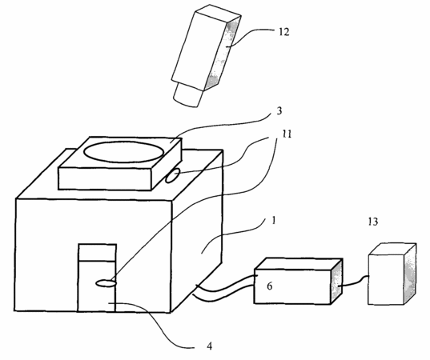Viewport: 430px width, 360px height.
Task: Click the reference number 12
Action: coord(284,32)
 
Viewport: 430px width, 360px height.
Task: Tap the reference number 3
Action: coord(279,111)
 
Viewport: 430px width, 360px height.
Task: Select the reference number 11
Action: coord(287,134)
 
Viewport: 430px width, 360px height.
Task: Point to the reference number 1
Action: coord(274,221)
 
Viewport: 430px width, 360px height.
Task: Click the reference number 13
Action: coord(373,222)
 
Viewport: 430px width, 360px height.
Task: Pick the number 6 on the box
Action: coord(270,286)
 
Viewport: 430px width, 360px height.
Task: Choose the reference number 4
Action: coord(209,346)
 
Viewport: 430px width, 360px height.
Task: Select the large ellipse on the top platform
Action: coord(124,152)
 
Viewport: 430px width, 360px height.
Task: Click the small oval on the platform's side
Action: coord(173,176)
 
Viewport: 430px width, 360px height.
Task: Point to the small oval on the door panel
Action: coord(106,283)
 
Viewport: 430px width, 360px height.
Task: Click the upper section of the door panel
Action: coord(97,252)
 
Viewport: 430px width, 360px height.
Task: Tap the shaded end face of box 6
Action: coord(337,281)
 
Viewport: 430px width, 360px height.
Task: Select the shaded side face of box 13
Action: coord(410,274)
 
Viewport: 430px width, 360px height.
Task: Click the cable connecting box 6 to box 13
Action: coord(356,282)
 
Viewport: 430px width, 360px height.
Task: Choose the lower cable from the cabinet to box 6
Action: coord(224,295)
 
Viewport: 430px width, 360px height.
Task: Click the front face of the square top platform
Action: coord(105,179)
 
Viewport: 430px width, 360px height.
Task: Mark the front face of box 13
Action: coord(386,279)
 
